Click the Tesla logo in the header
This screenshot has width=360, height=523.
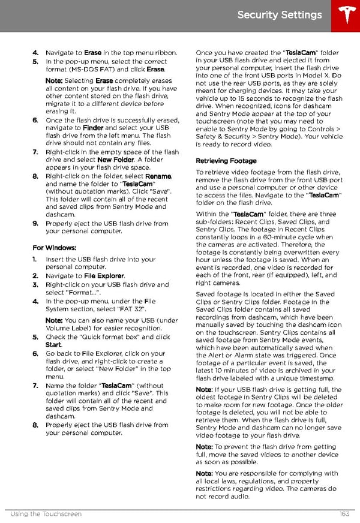tap(344, 15)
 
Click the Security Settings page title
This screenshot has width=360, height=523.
tap(280, 15)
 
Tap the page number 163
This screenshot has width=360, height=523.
tap(344, 514)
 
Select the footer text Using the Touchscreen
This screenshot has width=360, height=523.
tap(46, 514)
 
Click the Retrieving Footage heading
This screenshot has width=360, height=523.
tap(226, 161)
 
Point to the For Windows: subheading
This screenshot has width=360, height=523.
tap(55, 248)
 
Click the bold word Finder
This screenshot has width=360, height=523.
tap(93, 128)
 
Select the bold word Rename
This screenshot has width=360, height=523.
tap(159, 176)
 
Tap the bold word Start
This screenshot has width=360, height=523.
tap(53, 345)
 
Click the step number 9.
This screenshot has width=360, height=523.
tap(35, 224)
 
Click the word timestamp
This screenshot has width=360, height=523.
tap(316, 378)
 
